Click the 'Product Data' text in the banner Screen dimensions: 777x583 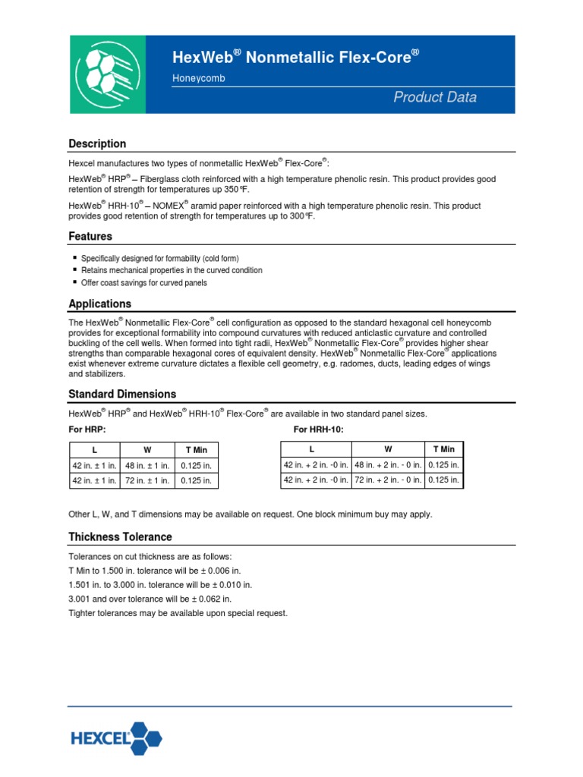434,97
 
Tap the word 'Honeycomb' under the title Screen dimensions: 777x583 198,79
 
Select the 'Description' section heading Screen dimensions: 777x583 97,143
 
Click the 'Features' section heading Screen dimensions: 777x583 90,236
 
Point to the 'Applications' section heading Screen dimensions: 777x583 99,304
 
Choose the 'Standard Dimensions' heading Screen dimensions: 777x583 122,394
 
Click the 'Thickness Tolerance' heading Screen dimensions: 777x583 120,536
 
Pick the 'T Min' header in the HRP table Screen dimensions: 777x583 197,450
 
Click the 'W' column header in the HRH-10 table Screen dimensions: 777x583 387,449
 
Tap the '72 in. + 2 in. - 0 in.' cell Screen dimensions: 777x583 388,480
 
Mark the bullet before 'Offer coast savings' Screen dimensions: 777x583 74,283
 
